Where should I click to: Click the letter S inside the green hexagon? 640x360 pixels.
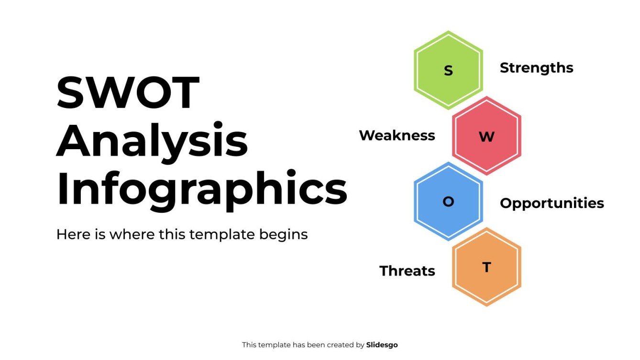[448, 71]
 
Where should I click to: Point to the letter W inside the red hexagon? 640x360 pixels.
[486, 137]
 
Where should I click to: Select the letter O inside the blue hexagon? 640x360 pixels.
[448, 202]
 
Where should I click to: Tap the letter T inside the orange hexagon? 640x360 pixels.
[486, 267]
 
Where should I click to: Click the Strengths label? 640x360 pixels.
[536, 68]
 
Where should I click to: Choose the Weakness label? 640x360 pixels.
[397, 135]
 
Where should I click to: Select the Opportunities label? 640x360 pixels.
[552, 203]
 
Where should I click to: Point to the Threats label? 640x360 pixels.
[407, 271]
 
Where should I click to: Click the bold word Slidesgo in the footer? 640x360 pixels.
[382, 345]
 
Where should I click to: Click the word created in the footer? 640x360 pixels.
[330, 345]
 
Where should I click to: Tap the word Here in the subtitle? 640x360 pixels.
[70, 234]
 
